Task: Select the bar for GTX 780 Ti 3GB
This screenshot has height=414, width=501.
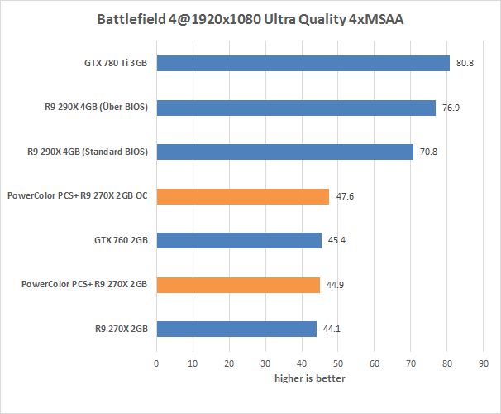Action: click(x=303, y=63)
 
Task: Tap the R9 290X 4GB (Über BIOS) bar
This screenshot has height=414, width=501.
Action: click(x=295, y=108)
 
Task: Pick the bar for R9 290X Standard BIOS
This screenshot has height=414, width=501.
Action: click(x=284, y=152)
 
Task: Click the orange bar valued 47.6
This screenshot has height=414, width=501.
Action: click(x=242, y=196)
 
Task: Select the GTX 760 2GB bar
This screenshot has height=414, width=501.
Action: click(x=238, y=240)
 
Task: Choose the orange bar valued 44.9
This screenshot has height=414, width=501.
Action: click(x=237, y=285)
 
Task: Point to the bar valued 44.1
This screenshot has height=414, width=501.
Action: click(x=236, y=329)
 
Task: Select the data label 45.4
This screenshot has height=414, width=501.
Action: click(x=336, y=241)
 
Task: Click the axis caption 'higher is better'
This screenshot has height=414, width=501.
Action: click(x=310, y=378)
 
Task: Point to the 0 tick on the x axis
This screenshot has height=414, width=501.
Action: click(x=156, y=363)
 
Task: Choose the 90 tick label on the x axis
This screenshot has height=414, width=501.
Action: click(x=484, y=363)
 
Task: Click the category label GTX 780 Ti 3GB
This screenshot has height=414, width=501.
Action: click(x=110, y=63)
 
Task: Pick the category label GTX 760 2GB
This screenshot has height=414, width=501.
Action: click(x=121, y=240)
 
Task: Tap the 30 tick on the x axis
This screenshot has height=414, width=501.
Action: click(x=265, y=363)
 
